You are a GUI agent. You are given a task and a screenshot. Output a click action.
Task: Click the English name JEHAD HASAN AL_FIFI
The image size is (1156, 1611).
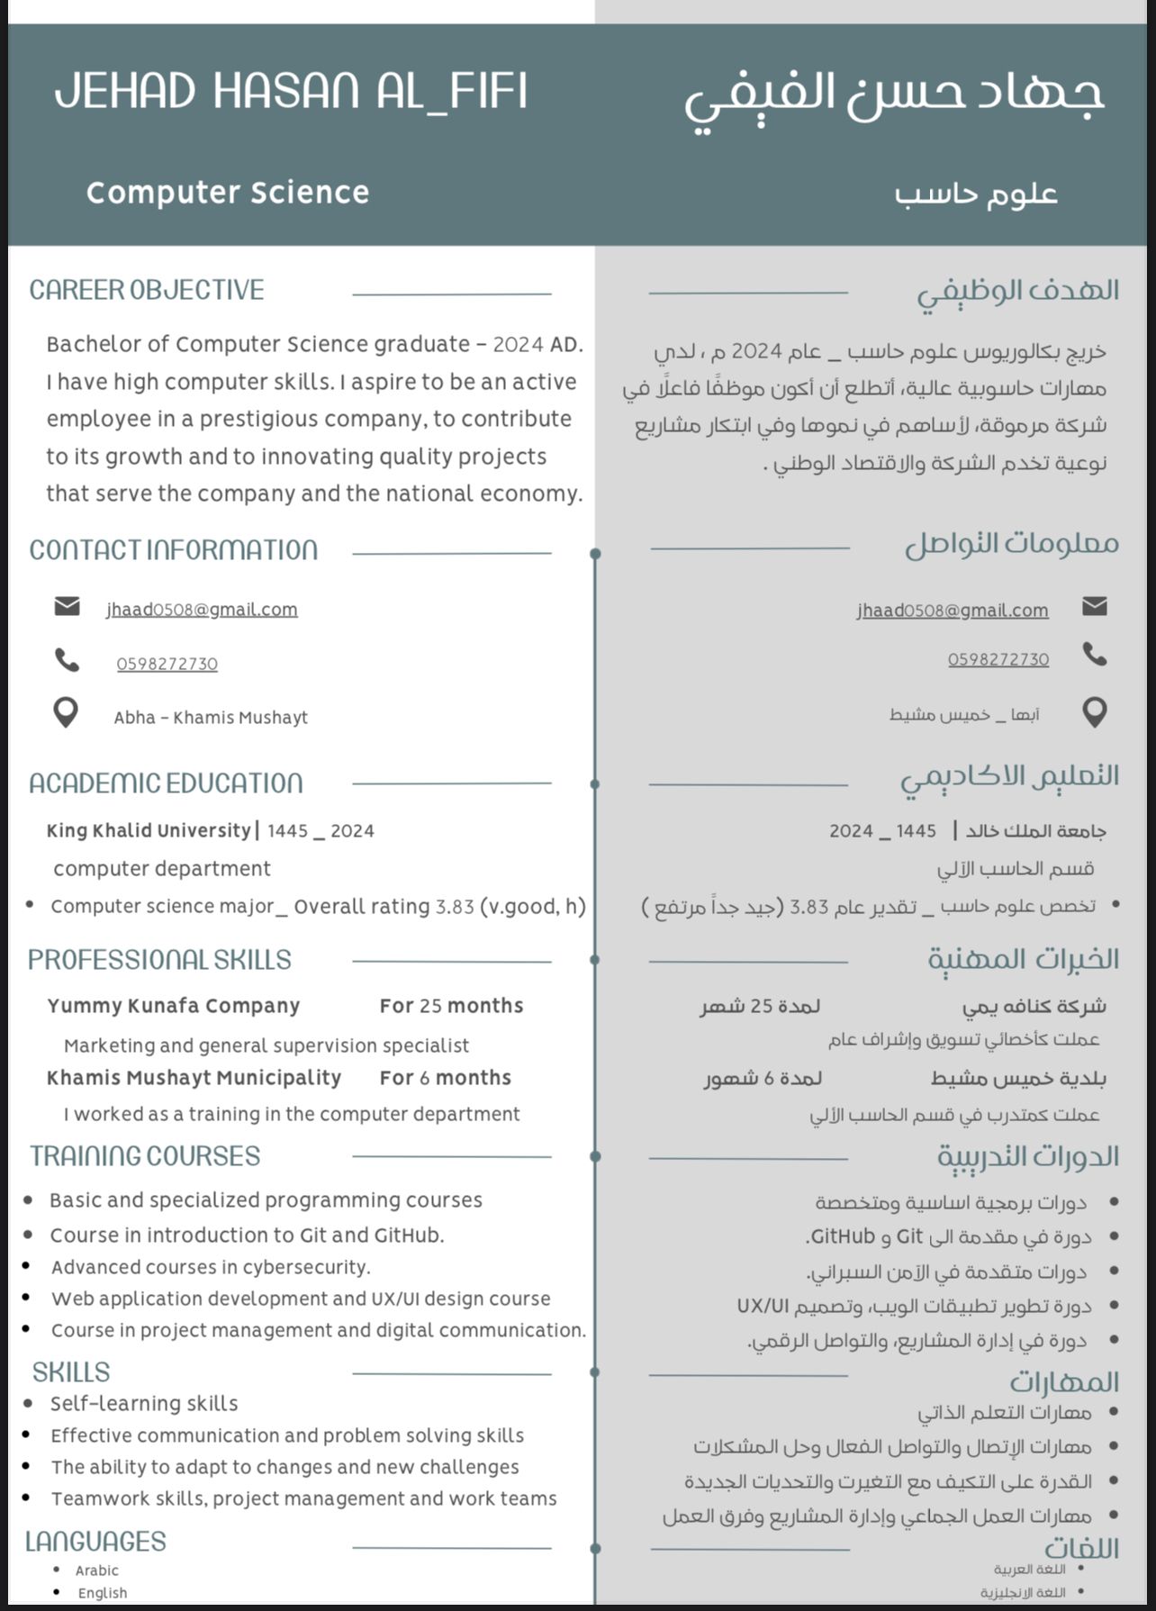click(x=290, y=91)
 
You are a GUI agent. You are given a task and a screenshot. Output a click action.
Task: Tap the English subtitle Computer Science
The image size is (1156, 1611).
click(x=228, y=193)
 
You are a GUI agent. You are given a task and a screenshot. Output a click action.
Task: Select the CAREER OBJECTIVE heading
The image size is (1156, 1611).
click(x=147, y=290)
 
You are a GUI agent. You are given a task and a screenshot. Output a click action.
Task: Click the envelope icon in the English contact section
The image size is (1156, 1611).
click(x=67, y=606)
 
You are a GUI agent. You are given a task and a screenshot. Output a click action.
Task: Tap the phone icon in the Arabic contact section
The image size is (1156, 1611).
click(x=1094, y=655)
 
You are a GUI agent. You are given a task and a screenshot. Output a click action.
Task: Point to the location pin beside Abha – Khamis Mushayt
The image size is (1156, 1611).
click(x=66, y=713)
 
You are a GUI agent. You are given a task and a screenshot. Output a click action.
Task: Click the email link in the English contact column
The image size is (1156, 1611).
click(x=202, y=610)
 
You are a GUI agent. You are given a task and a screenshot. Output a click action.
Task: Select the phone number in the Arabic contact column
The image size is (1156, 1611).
click(x=998, y=659)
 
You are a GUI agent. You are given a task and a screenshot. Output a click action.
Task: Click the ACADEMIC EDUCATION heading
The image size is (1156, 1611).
click(x=166, y=783)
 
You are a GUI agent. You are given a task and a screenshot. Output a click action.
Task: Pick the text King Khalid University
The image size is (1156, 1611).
click(x=149, y=830)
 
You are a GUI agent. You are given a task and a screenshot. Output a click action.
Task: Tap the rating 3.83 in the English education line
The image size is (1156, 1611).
click(x=455, y=907)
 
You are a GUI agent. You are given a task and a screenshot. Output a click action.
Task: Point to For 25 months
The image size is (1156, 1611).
click(x=451, y=1006)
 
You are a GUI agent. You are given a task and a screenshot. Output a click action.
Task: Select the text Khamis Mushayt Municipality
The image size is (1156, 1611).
click(x=194, y=1078)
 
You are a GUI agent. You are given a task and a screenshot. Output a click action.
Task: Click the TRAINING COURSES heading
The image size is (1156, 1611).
click(x=145, y=1156)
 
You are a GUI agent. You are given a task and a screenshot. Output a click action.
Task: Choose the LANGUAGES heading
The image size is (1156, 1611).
click(x=95, y=1542)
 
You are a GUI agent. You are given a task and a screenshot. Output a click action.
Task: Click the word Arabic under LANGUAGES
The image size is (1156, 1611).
click(x=96, y=1570)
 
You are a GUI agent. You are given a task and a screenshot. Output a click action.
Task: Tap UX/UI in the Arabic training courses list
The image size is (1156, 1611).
click(x=763, y=1306)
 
